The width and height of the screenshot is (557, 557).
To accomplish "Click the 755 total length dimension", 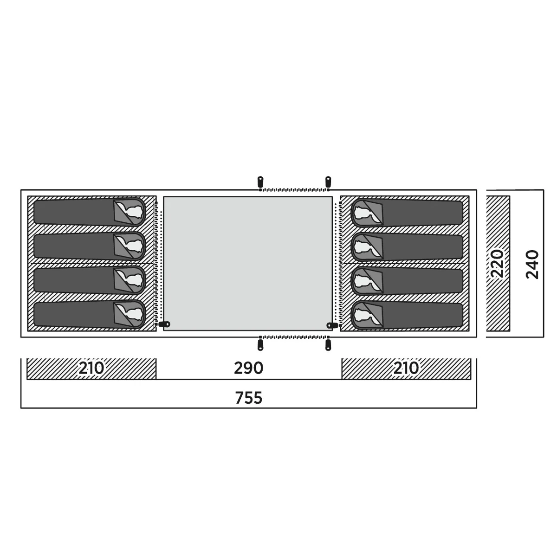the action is click(x=248, y=398).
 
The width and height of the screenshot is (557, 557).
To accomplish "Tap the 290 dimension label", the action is click(x=248, y=368).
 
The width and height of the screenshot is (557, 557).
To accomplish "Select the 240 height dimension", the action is click(x=532, y=265).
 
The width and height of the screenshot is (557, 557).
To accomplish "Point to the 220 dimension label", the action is click(x=498, y=263).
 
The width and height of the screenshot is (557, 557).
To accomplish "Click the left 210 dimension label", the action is click(x=91, y=368).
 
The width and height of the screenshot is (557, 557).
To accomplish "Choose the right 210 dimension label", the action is click(x=406, y=368).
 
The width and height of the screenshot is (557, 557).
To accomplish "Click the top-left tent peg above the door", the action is click(x=260, y=182).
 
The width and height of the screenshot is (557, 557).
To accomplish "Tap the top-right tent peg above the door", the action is click(x=328, y=182).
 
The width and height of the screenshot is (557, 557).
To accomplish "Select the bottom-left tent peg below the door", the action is click(x=260, y=345).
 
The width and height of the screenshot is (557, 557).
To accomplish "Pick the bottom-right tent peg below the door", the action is click(x=328, y=345).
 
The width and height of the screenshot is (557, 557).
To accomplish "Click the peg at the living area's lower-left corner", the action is click(x=164, y=324).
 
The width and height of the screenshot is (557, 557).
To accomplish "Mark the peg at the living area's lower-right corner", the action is click(x=332, y=325).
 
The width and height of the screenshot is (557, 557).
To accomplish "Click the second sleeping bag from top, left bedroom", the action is click(x=90, y=246).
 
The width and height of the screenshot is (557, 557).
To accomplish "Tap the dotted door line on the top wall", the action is click(x=294, y=190).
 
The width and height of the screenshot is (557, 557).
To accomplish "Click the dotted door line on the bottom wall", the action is click(x=294, y=337).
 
